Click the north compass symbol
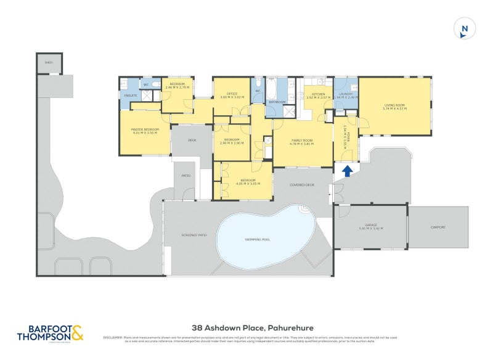click(x=465, y=29)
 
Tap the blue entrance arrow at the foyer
click(x=347, y=171)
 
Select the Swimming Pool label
click(x=263, y=239)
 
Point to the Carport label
click(x=438, y=227)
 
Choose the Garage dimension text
click(x=370, y=229)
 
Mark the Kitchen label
click(x=317, y=94)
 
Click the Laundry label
click(x=345, y=94)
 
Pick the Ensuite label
click(x=131, y=96)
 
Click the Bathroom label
click(x=277, y=102)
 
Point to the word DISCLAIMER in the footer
click(x=113, y=337)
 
